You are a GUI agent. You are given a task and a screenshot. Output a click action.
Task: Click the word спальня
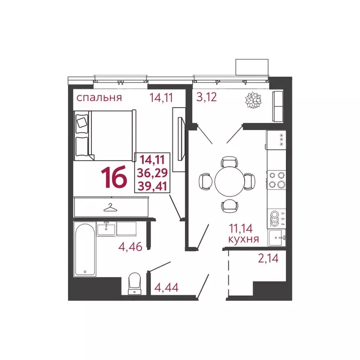tap(99, 98)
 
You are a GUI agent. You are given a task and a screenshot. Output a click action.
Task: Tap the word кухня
tap(243, 239)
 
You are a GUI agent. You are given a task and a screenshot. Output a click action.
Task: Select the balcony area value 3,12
tap(205, 98)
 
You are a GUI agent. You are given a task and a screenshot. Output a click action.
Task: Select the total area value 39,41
tap(152, 187)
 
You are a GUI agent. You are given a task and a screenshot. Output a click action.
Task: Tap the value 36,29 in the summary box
tap(152, 173)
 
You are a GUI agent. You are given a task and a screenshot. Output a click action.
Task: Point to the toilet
tap(135, 283)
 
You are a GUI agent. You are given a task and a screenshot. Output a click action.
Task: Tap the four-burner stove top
tap(276, 180)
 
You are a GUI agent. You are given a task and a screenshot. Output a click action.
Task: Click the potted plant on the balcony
tap(254, 99)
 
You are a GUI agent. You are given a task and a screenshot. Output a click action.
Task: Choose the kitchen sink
tap(277, 237)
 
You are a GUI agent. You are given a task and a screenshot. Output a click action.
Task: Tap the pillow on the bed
tap(82, 122)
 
